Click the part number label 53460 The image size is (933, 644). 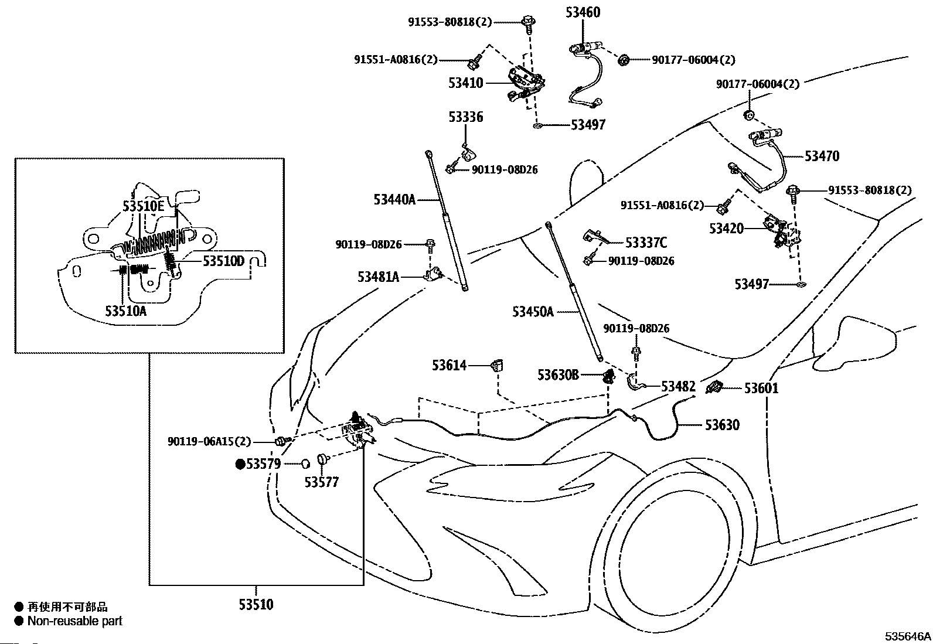click(x=583, y=12)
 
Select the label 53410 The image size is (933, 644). click(x=466, y=83)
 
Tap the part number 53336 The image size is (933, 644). click(x=466, y=117)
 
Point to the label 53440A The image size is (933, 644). click(x=394, y=200)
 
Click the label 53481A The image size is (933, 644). click(x=378, y=277)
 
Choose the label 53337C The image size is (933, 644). click(x=646, y=243)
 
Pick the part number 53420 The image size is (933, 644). click(x=726, y=229)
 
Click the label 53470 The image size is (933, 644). click(x=822, y=156)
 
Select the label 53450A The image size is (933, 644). click(x=533, y=312)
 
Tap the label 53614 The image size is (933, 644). click(x=449, y=365)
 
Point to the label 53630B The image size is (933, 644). click(x=558, y=375)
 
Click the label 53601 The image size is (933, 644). click(x=761, y=389)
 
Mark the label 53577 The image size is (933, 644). click(x=322, y=482)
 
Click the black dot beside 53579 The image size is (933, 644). click(x=240, y=464)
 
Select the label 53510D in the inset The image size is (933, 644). click(x=224, y=261)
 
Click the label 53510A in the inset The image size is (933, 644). click(x=126, y=311)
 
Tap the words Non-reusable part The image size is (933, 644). click(x=75, y=621)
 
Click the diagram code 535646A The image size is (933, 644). click(x=908, y=636)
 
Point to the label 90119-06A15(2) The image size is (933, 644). click(x=209, y=442)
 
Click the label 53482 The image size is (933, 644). click(x=679, y=387)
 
